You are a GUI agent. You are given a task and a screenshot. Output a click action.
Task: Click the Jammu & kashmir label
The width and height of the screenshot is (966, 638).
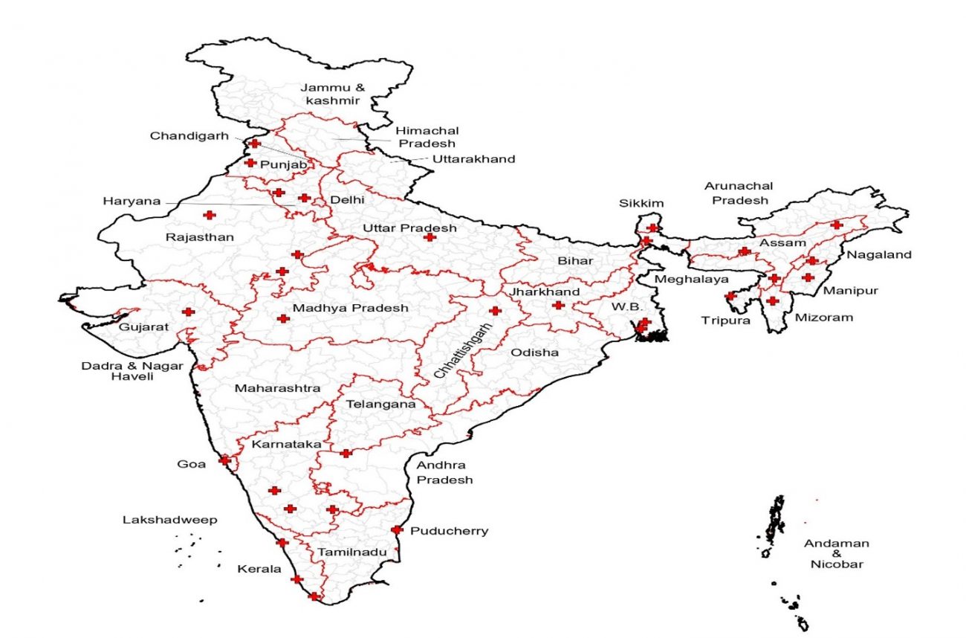tap(333, 94)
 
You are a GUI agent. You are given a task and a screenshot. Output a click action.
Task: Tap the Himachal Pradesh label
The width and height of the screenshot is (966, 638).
tap(426, 136)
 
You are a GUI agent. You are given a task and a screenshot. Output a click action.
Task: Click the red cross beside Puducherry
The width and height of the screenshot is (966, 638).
tap(397, 530)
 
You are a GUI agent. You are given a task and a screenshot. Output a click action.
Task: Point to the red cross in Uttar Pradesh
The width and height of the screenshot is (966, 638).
tap(429, 237)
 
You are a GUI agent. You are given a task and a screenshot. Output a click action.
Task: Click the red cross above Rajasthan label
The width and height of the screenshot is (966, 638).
tap(210, 215)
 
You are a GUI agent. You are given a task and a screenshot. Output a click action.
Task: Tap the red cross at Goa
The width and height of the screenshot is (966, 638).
tap(224, 460)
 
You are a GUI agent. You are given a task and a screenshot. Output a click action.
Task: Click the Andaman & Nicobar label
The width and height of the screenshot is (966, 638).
tap(836, 554)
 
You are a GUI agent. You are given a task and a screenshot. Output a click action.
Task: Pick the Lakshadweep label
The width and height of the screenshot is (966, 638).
tap(170, 520)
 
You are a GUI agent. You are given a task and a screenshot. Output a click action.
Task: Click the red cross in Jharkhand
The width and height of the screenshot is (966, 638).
tap(558, 305)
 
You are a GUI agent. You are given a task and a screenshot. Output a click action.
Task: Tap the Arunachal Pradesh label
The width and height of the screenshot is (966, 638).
tap(739, 193)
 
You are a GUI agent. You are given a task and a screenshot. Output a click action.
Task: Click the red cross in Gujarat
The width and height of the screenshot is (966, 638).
tap(188, 312)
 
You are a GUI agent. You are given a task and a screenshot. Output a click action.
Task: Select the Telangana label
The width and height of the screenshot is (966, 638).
tap(380, 405)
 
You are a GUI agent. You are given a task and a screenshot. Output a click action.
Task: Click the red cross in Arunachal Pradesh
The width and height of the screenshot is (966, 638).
tap(837, 225)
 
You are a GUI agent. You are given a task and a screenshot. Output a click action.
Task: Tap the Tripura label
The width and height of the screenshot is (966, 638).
tap(726, 320)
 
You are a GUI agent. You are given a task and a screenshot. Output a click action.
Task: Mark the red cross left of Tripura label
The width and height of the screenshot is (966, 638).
tap(730, 296)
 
